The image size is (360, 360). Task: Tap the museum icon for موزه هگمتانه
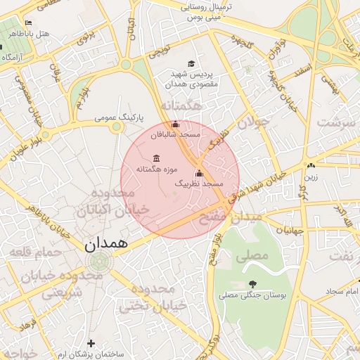point(155,157)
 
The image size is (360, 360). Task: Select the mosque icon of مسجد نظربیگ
point(199,172)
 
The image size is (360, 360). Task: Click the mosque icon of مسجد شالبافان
point(176,124)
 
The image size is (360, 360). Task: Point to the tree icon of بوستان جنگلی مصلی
point(252,284)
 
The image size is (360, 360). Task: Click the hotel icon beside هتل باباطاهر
point(28,23)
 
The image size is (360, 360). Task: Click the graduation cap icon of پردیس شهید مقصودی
point(194,63)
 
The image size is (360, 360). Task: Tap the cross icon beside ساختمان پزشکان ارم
point(91,343)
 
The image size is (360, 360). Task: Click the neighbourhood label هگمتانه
point(181,105)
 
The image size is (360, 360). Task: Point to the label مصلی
point(252,256)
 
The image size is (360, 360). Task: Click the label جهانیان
point(290,230)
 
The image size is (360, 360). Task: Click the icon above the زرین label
point(311,165)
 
